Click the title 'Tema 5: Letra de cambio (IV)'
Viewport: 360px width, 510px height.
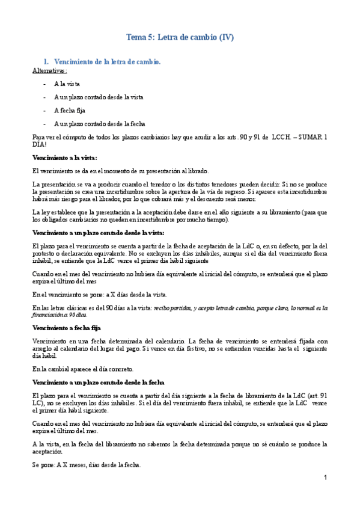(180, 37)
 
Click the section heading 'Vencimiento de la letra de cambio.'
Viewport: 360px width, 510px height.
(108, 62)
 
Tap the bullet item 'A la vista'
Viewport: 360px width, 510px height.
(67, 84)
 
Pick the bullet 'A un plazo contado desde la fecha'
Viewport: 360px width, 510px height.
(100, 123)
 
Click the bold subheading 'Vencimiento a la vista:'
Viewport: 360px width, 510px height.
(64, 158)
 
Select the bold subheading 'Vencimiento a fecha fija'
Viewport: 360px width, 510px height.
(66, 328)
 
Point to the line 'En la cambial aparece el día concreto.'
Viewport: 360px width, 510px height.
(84, 369)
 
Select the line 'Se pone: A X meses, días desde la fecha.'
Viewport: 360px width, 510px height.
(86, 465)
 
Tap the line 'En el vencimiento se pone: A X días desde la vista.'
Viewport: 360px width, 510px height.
(100, 294)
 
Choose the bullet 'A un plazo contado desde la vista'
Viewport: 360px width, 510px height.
(99, 97)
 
